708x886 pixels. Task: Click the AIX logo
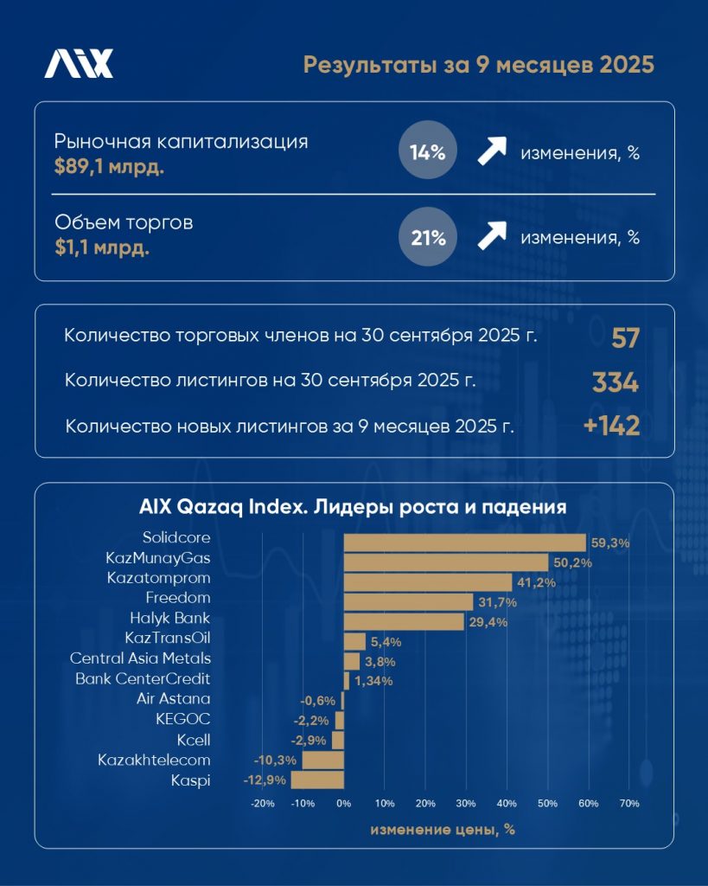[79, 65]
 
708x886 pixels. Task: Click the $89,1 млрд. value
[109, 165]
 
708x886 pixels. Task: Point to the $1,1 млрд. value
[101, 248]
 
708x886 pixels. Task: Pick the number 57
[625, 337]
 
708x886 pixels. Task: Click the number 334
[616, 382]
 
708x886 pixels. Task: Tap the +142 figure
[610, 426]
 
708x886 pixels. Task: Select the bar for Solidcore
[465, 543]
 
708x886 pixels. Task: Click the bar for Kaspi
[317, 780]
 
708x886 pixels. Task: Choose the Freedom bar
[408, 601]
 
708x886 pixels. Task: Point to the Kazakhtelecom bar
[322, 761]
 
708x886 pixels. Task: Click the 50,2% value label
[571, 563]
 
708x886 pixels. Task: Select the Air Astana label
[173, 698]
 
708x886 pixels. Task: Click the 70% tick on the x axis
[629, 804]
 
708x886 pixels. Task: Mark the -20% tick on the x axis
[262, 804]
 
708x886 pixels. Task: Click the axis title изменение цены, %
[443, 830]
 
